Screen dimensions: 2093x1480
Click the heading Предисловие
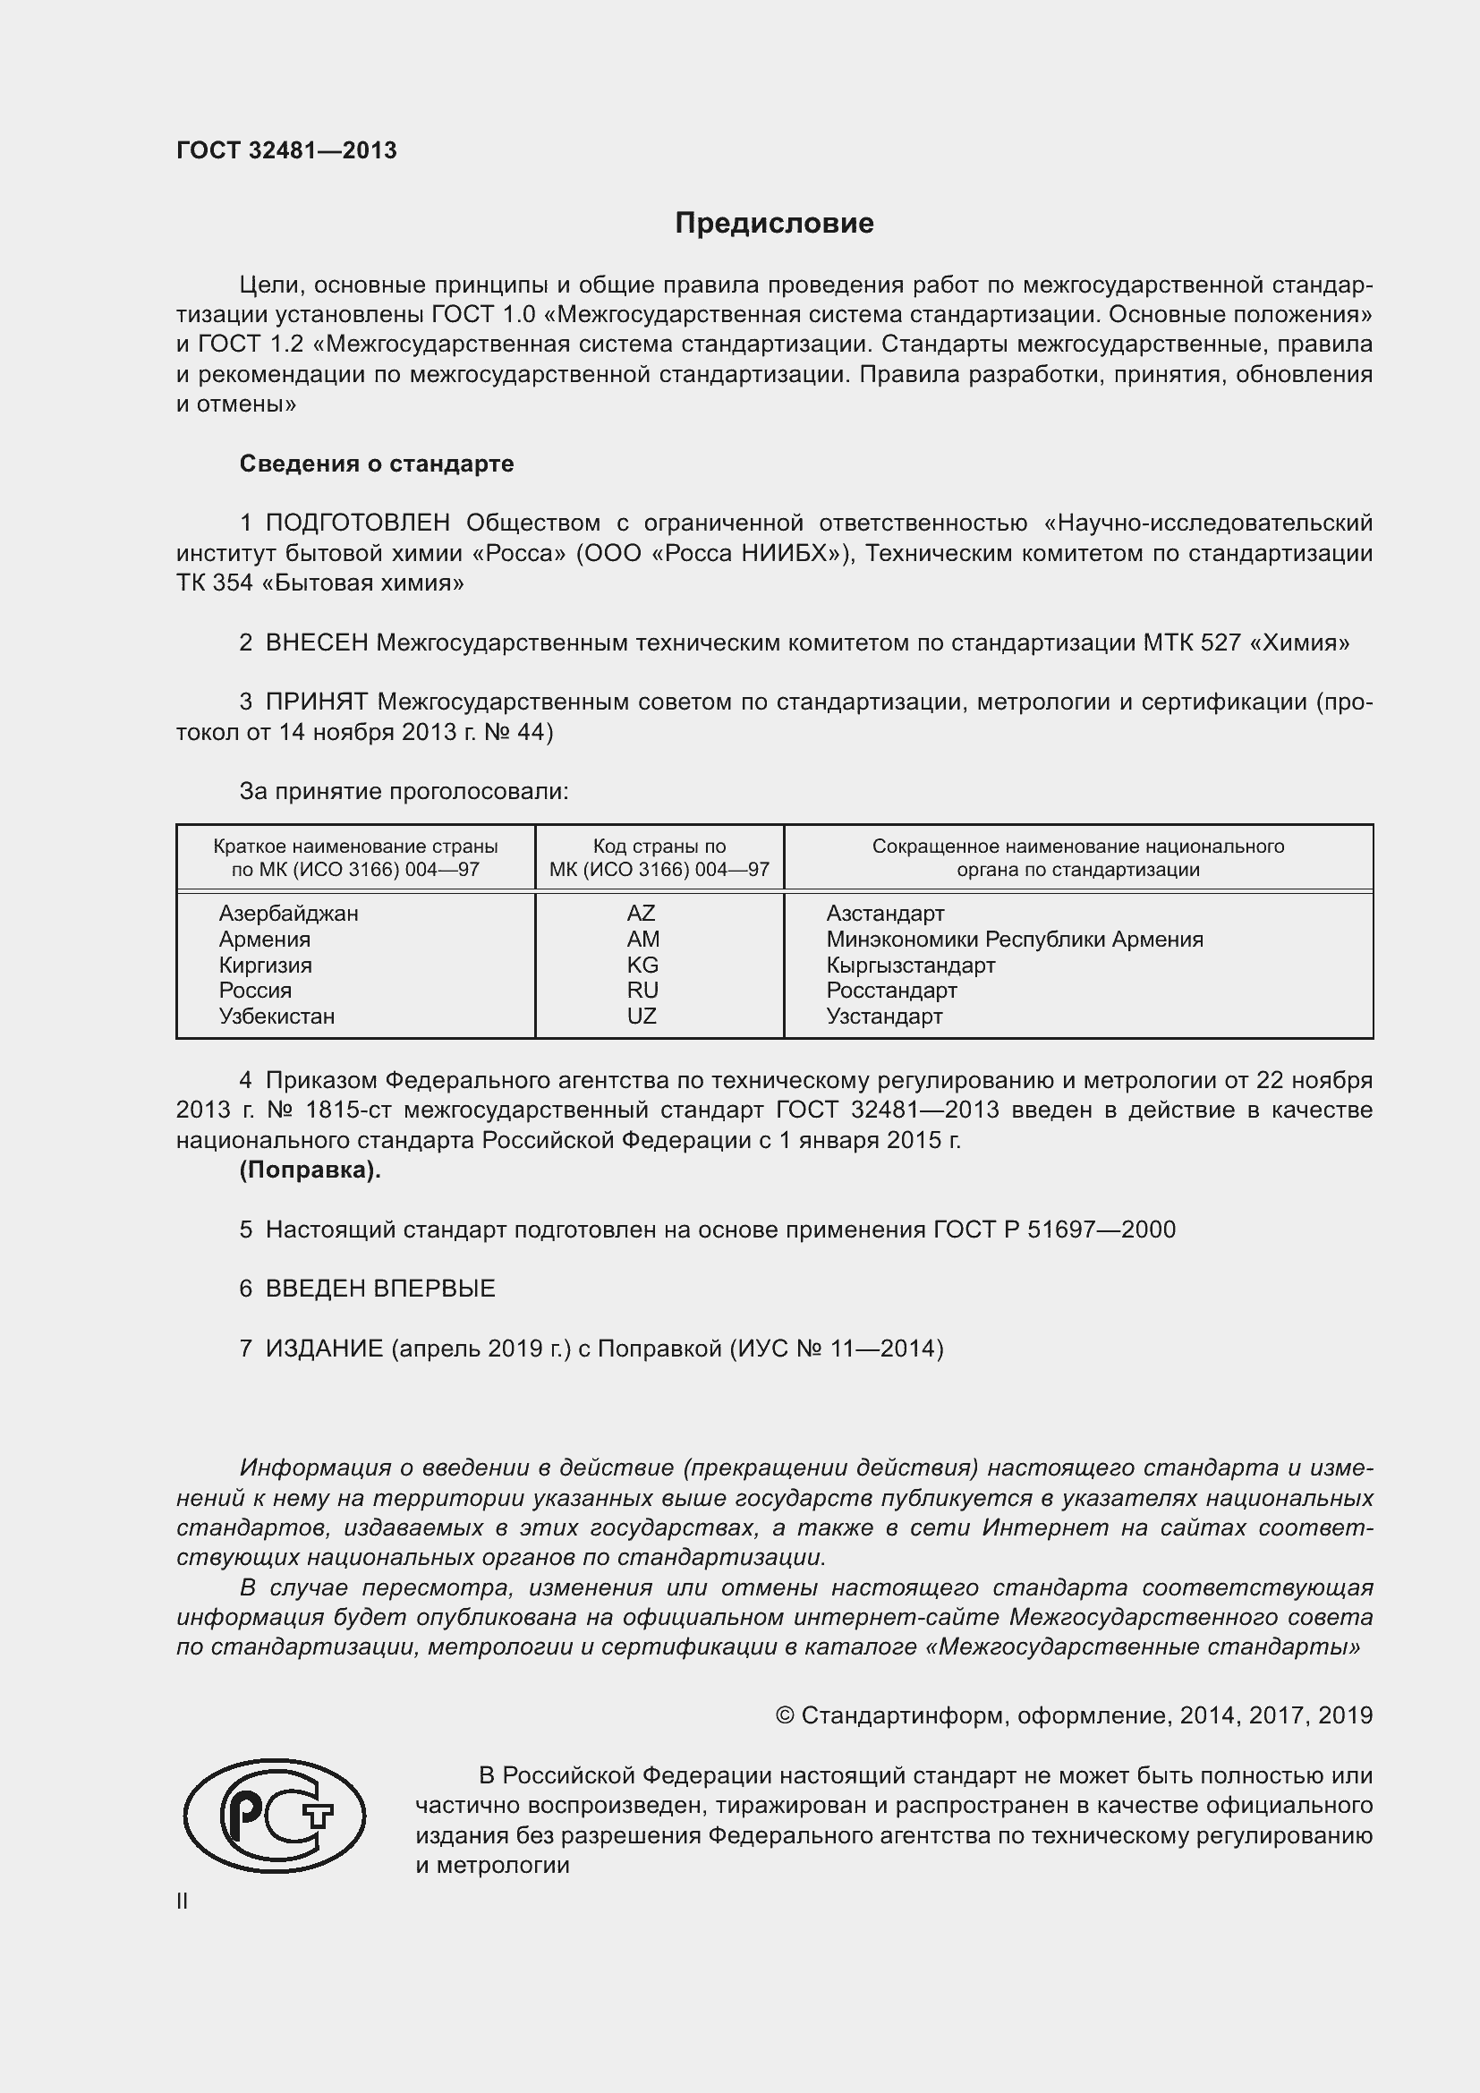pos(774,224)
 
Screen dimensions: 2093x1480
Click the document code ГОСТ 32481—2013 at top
pos(286,150)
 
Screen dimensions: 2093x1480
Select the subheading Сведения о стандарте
pos(377,464)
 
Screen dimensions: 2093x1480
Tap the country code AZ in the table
pos(642,914)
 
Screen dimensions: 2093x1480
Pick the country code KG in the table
pos(642,965)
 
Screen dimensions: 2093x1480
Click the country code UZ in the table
pos(642,1016)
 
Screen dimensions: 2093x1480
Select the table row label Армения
pos(264,939)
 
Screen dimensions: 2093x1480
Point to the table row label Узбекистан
pos(276,1016)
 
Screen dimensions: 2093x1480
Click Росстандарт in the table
pos(891,990)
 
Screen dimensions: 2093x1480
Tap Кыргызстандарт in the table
pos(910,965)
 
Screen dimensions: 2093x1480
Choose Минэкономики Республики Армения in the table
pos(1015,939)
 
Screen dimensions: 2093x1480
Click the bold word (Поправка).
pos(310,1170)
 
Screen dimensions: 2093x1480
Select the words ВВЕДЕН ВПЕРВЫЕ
pos(380,1288)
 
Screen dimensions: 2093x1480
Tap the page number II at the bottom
pos(183,1901)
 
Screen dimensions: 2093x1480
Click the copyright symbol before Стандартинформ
pos(785,1715)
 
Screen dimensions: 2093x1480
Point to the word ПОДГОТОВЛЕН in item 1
pos(357,523)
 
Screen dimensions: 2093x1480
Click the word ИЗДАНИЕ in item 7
pos(325,1349)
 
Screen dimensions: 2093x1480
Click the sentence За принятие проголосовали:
pos(404,791)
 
